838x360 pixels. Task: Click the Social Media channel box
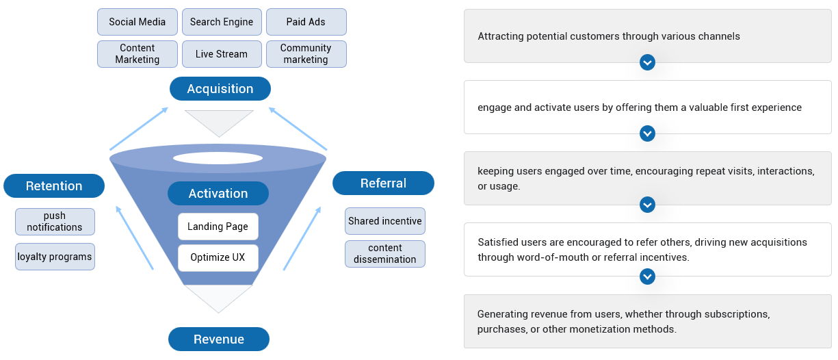pyautogui.click(x=138, y=22)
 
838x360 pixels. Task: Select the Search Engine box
pyautogui.click(x=222, y=22)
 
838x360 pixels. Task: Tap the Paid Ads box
pyautogui.click(x=306, y=22)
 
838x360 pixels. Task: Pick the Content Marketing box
pyautogui.click(x=138, y=54)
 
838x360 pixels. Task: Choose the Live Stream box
pyautogui.click(x=222, y=54)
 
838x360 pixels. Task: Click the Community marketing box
pyautogui.click(x=306, y=54)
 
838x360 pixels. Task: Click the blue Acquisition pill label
pyautogui.click(x=220, y=89)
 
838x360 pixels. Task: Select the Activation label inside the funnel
pyautogui.click(x=218, y=194)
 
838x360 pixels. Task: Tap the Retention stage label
pyautogui.click(x=54, y=186)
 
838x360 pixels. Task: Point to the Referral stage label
pyautogui.click(x=383, y=183)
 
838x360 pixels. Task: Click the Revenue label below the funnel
pyautogui.click(x=219, y=339)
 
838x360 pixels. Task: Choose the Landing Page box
pyautogui.click(x=218, y=227)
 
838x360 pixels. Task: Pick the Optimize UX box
pyautogui.click(x=218, y=258)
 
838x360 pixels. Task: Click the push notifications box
pyautogui.click(x=55, y=222)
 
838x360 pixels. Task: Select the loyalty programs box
pyautogui.click(x=55, y=257)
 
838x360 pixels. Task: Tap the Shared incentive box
pyautogui.click(x=385, y=221)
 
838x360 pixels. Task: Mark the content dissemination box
pyautogui.click(x=385, y=254)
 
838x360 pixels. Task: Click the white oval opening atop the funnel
pyautogui.click(x=218, y=158)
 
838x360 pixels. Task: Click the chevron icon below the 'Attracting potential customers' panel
pyautogui.click(x=647, y=63)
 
